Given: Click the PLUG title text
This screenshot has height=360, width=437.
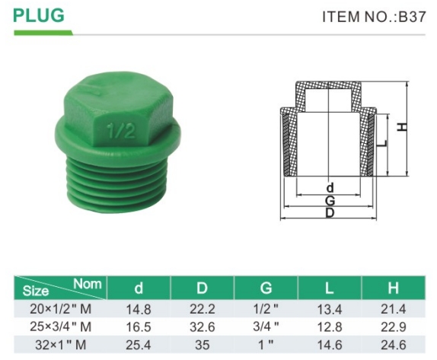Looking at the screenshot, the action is click(x=39, y=15).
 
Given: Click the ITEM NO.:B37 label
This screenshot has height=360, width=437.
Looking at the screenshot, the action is click(x=374, y=17).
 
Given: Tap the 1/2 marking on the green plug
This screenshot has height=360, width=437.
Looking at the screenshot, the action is click(x=122, y=130).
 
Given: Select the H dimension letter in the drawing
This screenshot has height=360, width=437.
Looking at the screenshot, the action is click(x=402, y=127).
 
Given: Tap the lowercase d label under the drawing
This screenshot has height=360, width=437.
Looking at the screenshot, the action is click(x=330, y=188).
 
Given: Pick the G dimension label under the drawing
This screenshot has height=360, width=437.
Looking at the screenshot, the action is click(x=330, y=200).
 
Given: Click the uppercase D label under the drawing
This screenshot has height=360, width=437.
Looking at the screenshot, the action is click(x=330, y=213).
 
